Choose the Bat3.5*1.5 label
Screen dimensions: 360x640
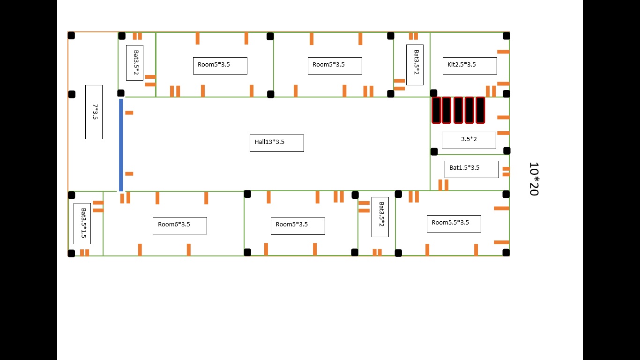(82, 223)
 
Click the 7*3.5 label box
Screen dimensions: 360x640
(94, 112)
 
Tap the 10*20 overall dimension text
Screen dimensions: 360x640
(533, 179)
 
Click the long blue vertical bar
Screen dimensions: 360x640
(121, 145)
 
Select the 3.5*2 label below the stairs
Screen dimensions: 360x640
(469, 140)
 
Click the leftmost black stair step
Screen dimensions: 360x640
(436, 110)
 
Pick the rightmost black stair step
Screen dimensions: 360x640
(480, 110)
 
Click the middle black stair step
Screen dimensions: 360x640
(458, 110)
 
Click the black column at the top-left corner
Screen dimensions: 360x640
(71, 35)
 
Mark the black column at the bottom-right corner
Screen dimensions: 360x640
(506, 253)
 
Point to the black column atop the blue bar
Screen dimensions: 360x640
(121, 93)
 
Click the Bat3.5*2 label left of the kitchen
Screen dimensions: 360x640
(415, 65)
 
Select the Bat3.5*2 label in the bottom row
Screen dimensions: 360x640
(380, 217)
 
